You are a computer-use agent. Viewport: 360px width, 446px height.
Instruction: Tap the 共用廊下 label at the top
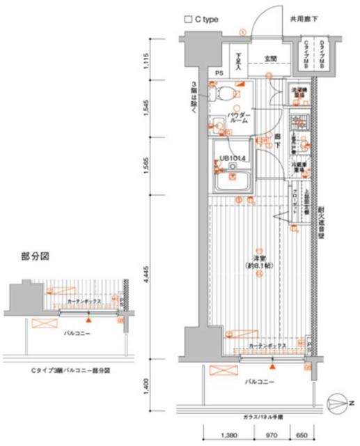(x=305, y=20)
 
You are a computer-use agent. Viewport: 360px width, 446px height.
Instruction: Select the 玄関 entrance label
(x=270, y=59)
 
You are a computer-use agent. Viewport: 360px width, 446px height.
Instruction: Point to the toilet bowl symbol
(x=227, y=93)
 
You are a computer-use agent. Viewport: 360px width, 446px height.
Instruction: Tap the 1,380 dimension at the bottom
(x=229, y=436)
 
